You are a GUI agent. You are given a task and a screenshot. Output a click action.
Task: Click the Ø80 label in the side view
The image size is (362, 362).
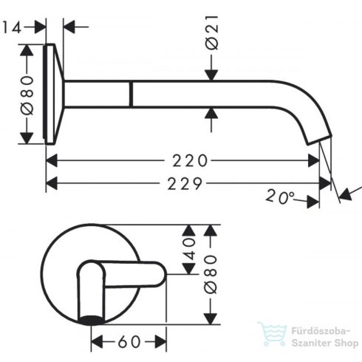[27, 94]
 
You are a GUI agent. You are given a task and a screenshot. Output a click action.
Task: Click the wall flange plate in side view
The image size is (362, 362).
[52, 94]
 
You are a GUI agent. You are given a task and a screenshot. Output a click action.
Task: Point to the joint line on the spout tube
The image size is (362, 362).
[131, 94]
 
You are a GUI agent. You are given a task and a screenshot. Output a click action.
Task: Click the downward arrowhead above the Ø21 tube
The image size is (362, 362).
[211, 74]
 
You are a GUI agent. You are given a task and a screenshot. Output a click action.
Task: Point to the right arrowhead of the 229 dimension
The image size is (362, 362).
[327, 182]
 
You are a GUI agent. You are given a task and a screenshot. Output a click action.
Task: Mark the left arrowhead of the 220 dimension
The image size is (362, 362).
[51, 160]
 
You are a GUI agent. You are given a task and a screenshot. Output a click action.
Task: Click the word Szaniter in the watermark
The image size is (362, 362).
[307, 344]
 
